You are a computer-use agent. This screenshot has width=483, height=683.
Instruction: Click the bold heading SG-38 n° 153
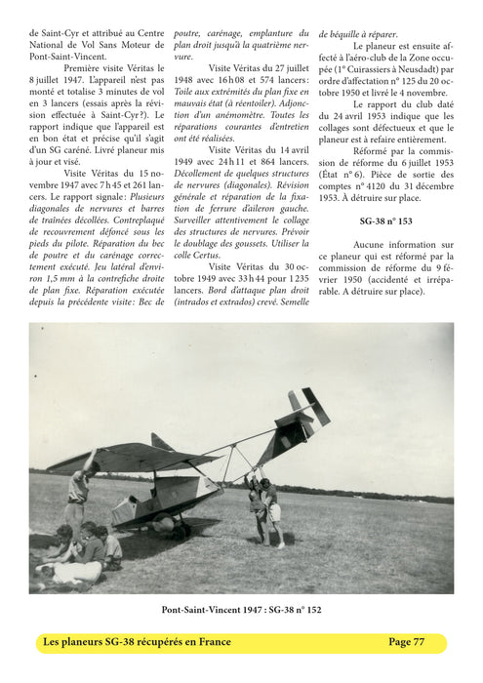point(385,221)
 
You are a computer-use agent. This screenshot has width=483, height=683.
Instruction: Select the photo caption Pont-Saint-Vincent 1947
point(241,610)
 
